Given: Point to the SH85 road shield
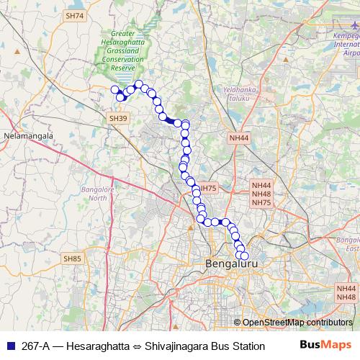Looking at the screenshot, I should click(73, 258).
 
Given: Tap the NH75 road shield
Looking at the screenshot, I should click(208, 188).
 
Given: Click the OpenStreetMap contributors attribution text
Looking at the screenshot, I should click(297, 323).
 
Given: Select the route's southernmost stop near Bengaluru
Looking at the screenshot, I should click(243, 256).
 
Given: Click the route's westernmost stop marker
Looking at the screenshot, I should click(114, 90).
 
